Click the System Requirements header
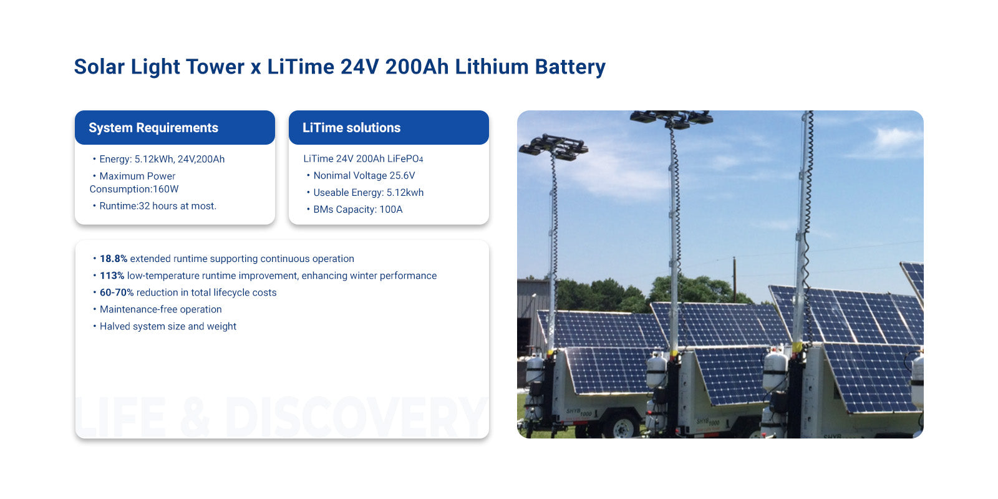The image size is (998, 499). [153, 128]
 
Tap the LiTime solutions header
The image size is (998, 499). [351, 128]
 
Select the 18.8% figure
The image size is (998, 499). [113, 258]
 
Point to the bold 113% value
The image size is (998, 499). [112, 275]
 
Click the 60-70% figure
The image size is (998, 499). [116, 293]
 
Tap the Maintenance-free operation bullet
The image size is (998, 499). [160, 309]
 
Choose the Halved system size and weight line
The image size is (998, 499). [168, 326]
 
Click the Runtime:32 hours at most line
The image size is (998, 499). [158, 206]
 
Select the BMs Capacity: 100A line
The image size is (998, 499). [358, 210]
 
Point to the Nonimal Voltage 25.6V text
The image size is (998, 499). [364, 175]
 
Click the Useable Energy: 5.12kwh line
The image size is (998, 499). [369, 193]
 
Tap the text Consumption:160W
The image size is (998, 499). [133, 189]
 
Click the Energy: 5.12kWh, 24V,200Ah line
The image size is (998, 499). [162, 159]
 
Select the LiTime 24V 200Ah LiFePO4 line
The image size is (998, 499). [363, 158]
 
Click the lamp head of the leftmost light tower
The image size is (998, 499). [553, 147]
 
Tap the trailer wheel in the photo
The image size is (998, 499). [622, 428]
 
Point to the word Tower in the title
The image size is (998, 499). [215, 67]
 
